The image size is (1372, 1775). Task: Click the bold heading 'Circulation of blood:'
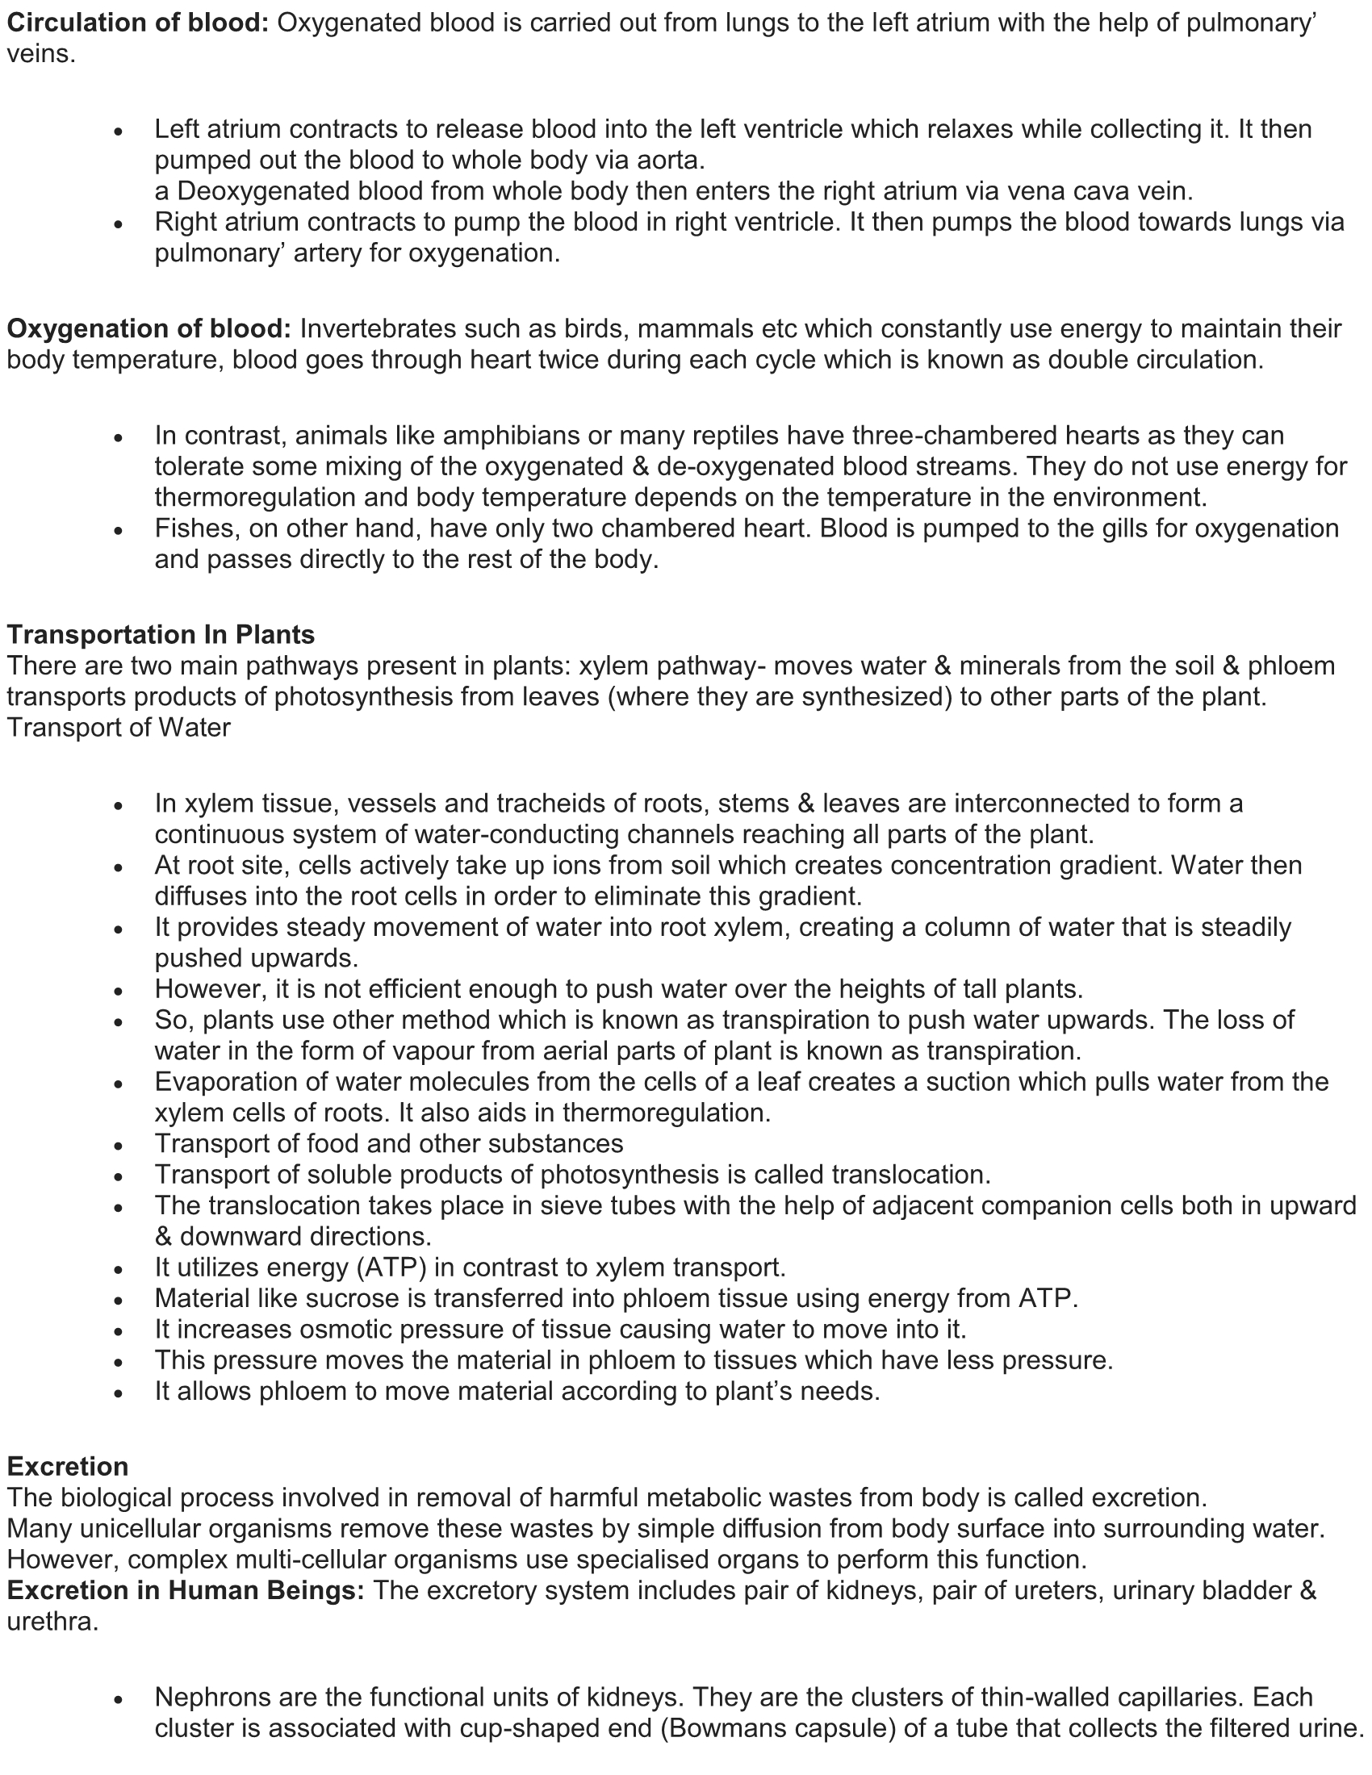click(x=137, y=23)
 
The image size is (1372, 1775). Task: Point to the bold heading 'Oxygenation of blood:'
click(x=148, y=329)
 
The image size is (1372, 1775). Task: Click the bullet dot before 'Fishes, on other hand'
click(x=119, y=530)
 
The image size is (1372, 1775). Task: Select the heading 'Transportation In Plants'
click(x=161, y=634)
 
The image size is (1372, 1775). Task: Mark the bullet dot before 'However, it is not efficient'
click(x=119, y=991)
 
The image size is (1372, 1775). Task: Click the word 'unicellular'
click(x=144, y=1529)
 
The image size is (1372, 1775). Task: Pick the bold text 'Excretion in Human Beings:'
click(x=186, y=1590)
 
